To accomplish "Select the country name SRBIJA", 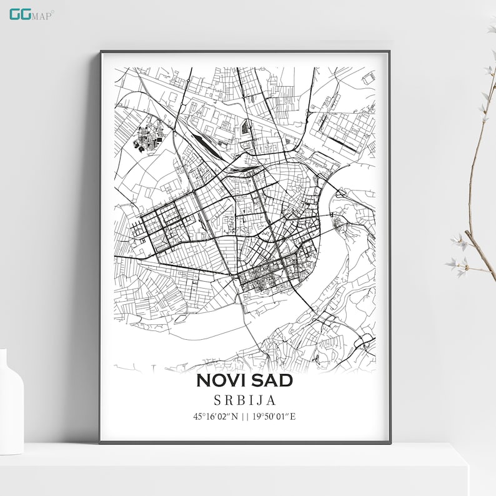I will click(x=244, y=400).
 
